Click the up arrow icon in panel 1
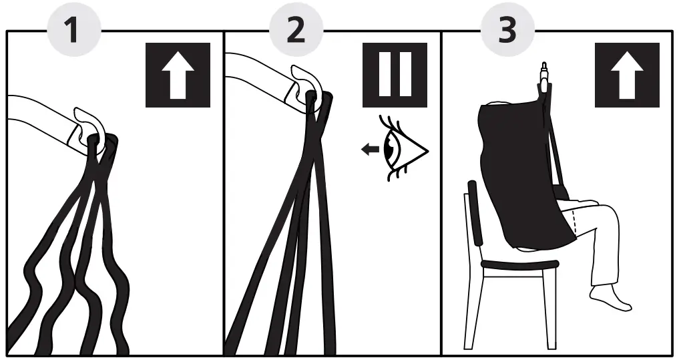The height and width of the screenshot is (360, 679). tap(178, 75)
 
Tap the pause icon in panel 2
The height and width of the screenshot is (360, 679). tap(395, 75)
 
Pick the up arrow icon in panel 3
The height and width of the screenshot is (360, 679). tap(627, 75)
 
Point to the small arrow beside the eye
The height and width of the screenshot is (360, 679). tap(368, 150)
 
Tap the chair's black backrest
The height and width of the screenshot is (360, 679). tap(475, 214)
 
